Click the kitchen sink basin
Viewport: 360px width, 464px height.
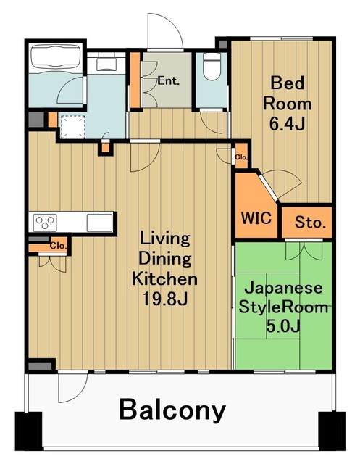[98, 220]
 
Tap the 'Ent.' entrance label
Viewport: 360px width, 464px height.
[169, 81]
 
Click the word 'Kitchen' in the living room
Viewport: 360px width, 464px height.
[164, 278]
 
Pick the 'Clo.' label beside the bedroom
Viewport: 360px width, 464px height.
[240, 157]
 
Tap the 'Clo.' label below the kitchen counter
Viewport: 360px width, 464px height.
[58, 246]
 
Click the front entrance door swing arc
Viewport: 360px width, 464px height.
[162, 29]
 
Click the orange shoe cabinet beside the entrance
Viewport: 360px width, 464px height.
[135, 80]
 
